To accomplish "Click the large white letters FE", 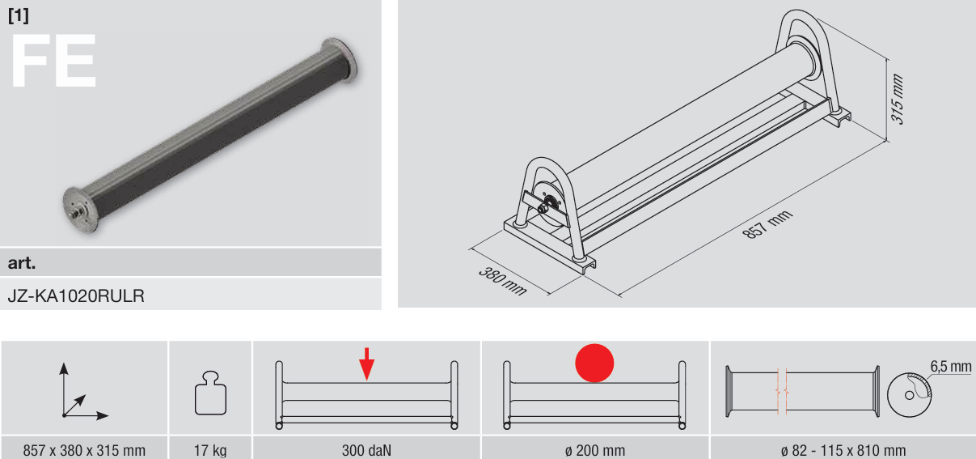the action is pos(53,60).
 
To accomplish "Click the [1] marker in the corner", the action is pos(19,15).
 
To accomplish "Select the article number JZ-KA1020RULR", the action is pos(76,295).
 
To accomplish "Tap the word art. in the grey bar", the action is pos(21,262).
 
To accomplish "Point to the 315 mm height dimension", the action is pos(897,100).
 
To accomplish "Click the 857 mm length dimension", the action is pos(767,224).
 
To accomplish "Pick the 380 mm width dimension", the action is pos(503,281).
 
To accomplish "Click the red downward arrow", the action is pos(367,364).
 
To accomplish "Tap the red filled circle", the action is pos(594,363).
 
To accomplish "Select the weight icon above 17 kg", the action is pos(210,393).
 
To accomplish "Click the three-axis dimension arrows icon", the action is pos(82,392).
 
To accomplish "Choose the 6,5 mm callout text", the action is pos(951,366).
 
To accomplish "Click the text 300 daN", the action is pos(366,450).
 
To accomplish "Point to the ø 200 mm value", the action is pos(595,450).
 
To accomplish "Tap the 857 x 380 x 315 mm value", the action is pos(84,450).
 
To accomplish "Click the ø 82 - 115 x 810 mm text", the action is pos(843,450).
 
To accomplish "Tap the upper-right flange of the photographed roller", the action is pos(340,60).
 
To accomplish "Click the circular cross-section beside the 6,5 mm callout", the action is pos(910,395).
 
